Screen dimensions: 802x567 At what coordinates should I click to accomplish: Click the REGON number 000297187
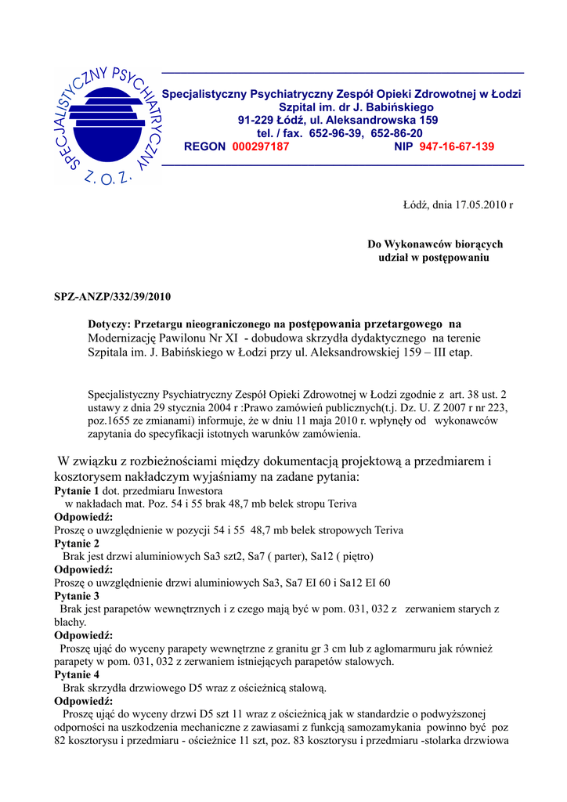pyautogui.click(x=261, y=146)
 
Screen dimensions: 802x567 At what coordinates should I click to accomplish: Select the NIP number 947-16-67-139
pyautogui.click(x=457, y=146)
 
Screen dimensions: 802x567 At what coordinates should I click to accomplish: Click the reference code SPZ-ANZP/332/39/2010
pyautogui.click(x=112, y=297)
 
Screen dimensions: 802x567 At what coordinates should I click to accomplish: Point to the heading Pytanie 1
pyautogui.click(x=77, y=491)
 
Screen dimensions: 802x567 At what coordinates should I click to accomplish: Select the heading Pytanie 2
pyautogui.click(x=77, y=544)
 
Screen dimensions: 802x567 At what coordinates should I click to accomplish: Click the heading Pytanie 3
pyautogui.click(x=77, y=596)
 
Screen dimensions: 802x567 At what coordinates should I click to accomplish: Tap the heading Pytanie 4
pyautogui.click(x=77, y=674)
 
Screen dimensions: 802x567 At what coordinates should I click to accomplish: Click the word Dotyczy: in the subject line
pyautogui.click(x=110, y=323)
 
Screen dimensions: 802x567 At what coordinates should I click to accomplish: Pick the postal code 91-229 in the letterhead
pyautogui.click(x=257, y=120)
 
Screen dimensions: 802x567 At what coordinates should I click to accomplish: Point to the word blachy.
pyautogui.click(x=70, y=622)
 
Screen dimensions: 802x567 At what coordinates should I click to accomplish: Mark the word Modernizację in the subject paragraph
pyautogui.click(x=124, y=338)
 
